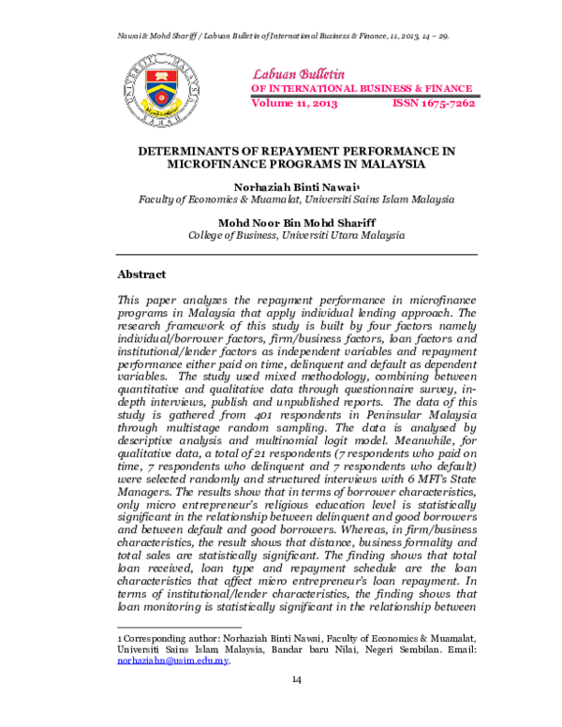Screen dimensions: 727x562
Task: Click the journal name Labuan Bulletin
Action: pyautogui.click(x=294, y=73)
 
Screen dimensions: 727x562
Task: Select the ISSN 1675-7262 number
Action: pyautogui.click(x=434, y=103)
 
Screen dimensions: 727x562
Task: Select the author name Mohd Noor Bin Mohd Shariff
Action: pyautogui.click(x=297, y=223)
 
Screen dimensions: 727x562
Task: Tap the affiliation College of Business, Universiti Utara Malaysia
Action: pyautogui.click(x=297, y=236)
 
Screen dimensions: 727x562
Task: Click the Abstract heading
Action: pyautogui.click(x=141, y=274)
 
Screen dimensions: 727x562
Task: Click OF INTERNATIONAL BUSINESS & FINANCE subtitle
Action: pyautogui.click(x=361, y=89)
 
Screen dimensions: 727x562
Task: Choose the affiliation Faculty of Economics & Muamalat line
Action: pyautogui.click(x=297, y=200)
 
